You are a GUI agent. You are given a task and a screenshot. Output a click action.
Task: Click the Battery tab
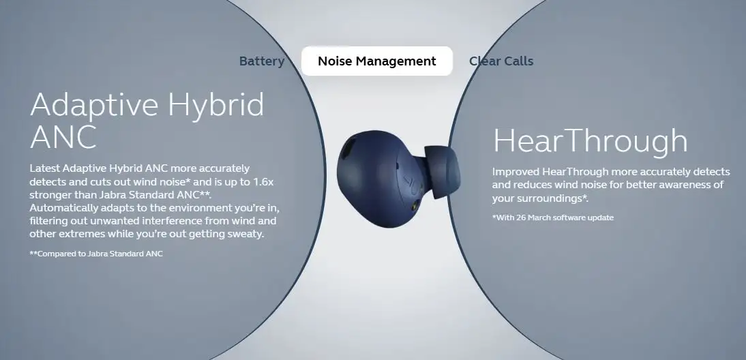[262, 61]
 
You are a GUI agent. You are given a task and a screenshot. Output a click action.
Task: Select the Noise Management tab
[377, 61]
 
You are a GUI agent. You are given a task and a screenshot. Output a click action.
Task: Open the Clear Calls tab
[501, 61]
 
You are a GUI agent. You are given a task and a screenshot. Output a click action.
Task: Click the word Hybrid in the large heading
[216, 105]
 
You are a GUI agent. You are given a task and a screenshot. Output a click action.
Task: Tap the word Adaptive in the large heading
[94, 105]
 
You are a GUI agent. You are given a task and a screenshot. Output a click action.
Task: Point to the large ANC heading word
[63, 136]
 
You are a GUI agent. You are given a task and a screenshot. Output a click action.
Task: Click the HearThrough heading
[590, 140]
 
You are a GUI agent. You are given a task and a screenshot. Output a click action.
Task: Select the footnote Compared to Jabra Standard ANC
[96, 254]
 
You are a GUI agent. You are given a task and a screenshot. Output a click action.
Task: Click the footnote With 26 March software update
[553, 217]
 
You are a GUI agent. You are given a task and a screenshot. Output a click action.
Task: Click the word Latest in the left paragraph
[44, 168]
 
